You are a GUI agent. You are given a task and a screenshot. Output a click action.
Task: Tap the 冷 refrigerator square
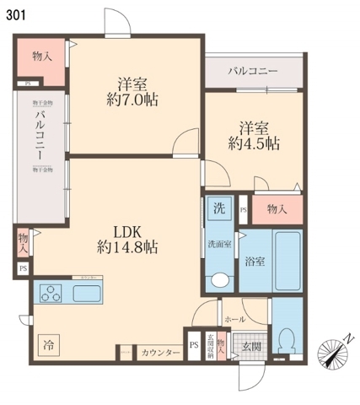coord(49,344)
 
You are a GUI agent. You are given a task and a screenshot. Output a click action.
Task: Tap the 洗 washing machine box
coord(218,208)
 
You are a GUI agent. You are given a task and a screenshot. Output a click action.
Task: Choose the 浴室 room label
coord(255,261)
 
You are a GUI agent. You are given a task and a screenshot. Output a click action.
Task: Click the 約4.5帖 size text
coord(254,144)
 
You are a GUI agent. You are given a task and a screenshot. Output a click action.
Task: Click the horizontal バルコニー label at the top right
coord(252,72)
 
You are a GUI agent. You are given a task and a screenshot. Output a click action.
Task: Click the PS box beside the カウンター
coord(194,345)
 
